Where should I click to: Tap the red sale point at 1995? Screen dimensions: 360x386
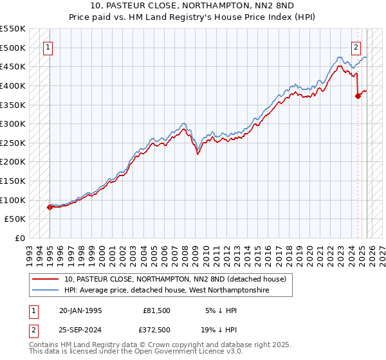pyautogui.click(x=50, y=207)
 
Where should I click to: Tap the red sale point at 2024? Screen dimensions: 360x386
pyautogui.click(x=358, y=96)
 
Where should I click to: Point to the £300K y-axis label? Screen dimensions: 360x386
pyautogui.click(x=14, y=123)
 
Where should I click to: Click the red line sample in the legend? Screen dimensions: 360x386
pyautogui.click(x=46, y=278)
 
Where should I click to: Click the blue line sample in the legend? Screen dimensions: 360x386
pyautogui.click(x=46, y=290)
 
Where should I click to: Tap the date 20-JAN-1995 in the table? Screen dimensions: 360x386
pyautogui.click(x=80, y=310)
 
